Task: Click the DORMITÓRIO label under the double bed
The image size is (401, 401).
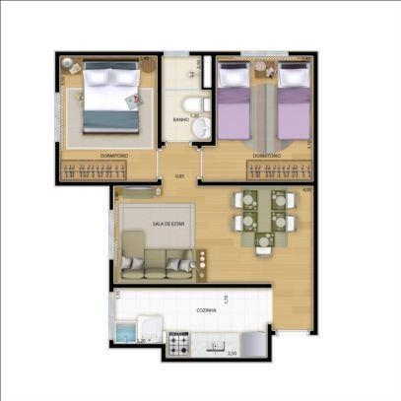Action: click(x=116, y=156)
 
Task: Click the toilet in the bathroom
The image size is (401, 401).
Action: click(x=197, y=103)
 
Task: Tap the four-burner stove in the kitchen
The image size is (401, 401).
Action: click(x=180, y=344)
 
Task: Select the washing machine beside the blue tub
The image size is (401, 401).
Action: click(x=148, y=331)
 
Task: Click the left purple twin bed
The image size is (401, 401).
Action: click(x=234, y=101)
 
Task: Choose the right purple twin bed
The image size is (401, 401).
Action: click(x=294, y=101)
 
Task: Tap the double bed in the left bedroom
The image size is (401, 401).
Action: click(x=108, y=97)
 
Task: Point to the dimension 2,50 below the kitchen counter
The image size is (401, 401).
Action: click(x=232, y=353)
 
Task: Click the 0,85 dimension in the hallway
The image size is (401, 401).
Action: click(x=179, y=176)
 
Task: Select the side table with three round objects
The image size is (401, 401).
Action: click(x=202, y=262)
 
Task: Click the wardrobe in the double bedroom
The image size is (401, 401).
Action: click(x=108, y=170)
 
